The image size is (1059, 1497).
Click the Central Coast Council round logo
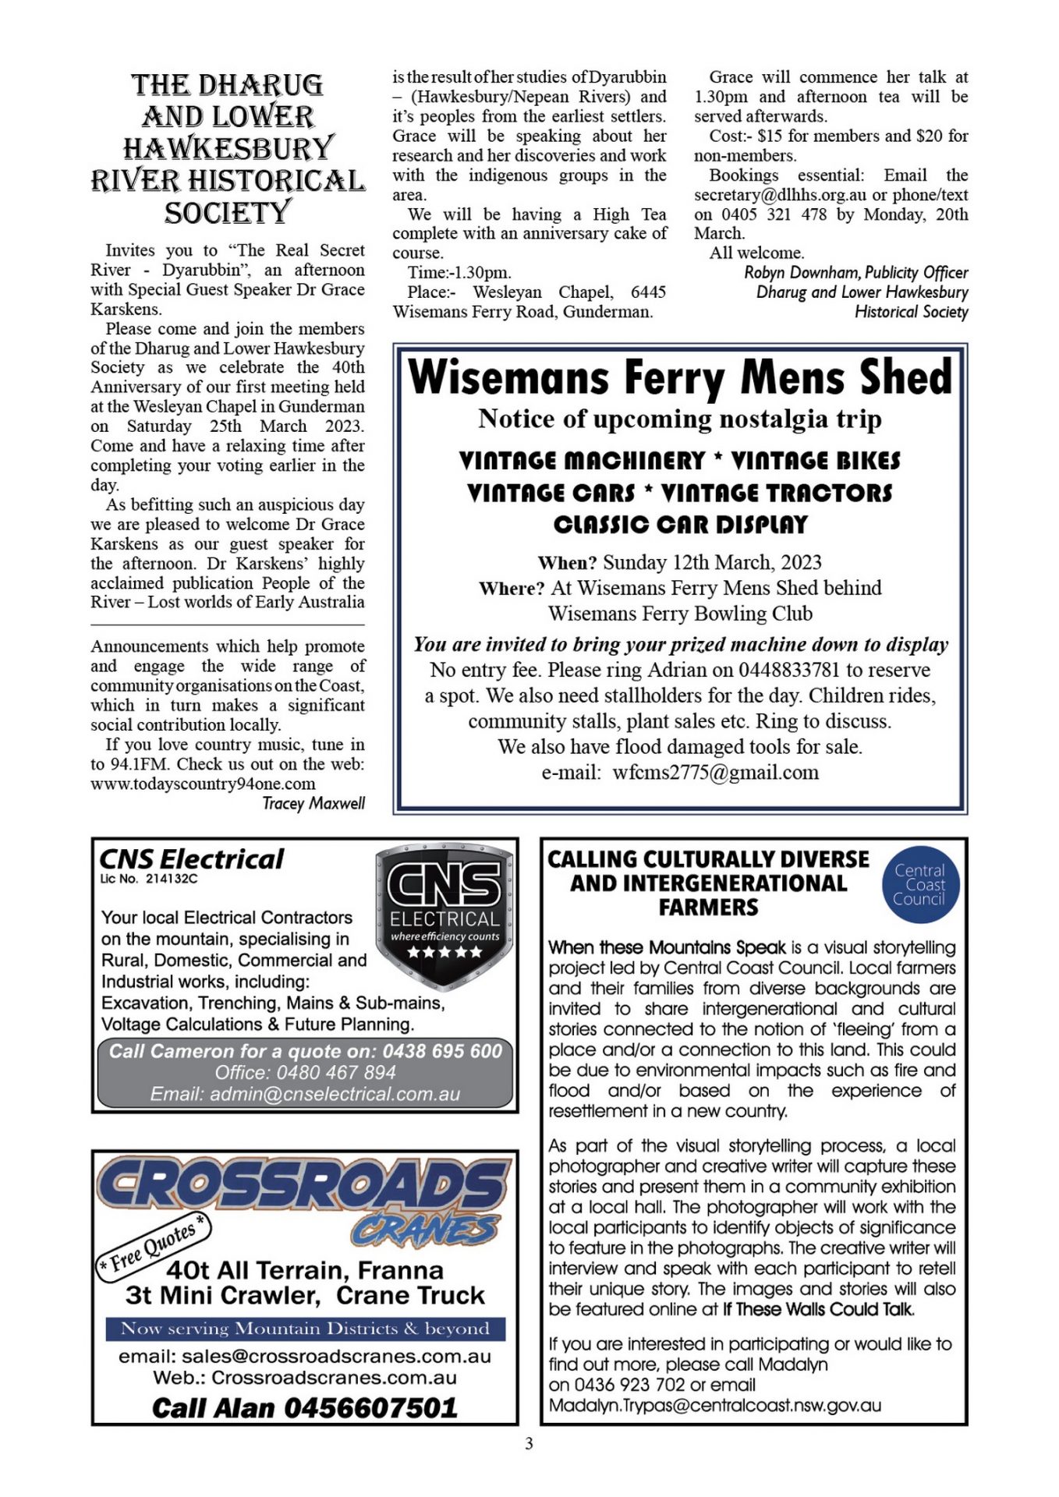[x=919, y=885]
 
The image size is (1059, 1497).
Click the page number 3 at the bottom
[x=529, y=1443]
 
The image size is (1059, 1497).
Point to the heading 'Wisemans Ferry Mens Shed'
[x=680, y=378]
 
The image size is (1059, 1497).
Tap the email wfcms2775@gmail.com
[x=715, y=773]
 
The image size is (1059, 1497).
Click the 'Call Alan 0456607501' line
[x=305, y=1407]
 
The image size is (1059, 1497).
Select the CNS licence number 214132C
[x=172, y=879]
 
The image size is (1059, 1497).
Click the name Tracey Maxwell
[x=313, y=803]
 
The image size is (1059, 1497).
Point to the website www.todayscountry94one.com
[x=203, y=784]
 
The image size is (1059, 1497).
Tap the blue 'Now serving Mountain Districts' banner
[x=305, y=1329]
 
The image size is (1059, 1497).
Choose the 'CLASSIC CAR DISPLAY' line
[x=680, y=525]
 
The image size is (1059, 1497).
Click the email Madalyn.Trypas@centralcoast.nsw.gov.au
[x=715, y=1405]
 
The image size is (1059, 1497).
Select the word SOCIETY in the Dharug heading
[x=227, y=213]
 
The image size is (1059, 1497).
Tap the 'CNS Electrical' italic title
[x=192, y=859]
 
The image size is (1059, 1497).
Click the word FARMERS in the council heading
[x=708, y=908]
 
